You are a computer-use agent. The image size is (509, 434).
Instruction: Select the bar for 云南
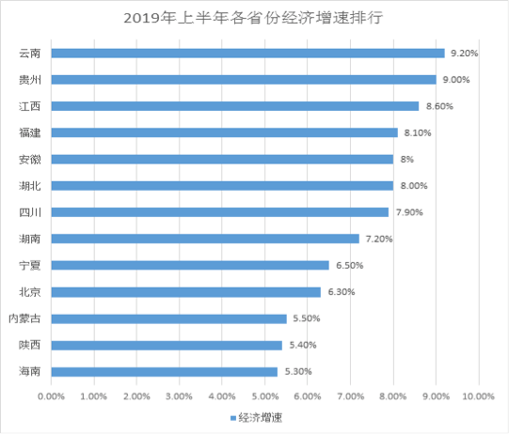point(247,54)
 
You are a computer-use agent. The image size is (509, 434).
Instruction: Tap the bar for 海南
point(164,372)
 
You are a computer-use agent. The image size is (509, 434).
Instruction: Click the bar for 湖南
point(204,239)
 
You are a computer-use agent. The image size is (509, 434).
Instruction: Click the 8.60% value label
point(437,106)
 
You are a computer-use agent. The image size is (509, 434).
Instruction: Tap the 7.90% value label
point(408,212)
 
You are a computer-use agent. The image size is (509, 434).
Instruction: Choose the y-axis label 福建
point(29,132)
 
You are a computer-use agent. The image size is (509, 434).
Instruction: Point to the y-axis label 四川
point(29,212)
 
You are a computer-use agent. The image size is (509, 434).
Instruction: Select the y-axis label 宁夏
point(29,266)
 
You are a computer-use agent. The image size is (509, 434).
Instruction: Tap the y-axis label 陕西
point(29,346)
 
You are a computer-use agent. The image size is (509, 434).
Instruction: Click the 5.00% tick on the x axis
point(264,397)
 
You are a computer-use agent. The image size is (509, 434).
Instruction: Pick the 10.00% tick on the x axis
point(478,397)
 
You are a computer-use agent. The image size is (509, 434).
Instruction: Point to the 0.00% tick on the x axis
point(51,397)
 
